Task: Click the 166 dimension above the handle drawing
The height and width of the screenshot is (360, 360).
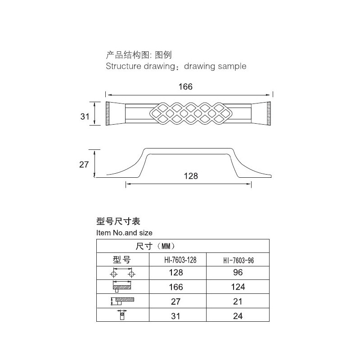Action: [x=185, y=87]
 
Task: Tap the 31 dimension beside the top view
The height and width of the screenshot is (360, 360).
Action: [x=85, y=117]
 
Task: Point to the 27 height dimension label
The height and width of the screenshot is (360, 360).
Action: [x=84, y=165]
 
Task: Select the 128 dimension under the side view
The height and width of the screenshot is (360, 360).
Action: [x=191, y=176]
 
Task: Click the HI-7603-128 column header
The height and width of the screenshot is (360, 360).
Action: [x=180, y=260]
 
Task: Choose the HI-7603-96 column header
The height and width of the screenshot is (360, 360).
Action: [x=238, y=261]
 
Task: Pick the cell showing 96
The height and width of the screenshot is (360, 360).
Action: [x=238, y=273]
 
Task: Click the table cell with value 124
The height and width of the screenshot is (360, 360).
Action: [x=238, y=287]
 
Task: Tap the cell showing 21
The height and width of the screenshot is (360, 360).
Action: [x=238, y=301]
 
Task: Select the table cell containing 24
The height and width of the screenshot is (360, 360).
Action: [x=238, y=316]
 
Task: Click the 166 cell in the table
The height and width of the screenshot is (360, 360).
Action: [x=176, y=287]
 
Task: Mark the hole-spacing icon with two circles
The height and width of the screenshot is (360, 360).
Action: [x=122, y=272]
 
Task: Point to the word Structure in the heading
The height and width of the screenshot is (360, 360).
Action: [x=123, y=66]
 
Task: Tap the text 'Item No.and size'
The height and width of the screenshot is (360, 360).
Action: [x=124, y=233]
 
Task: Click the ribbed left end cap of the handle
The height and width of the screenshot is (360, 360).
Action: [x=108, y=113]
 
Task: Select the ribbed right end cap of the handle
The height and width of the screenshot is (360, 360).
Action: [x=269, y=113]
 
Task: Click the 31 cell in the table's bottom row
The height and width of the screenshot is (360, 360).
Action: [x=175, y=316]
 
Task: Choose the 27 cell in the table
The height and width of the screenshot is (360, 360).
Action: [x=175, y=301]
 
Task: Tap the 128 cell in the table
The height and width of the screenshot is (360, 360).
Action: [x=176, y=273]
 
